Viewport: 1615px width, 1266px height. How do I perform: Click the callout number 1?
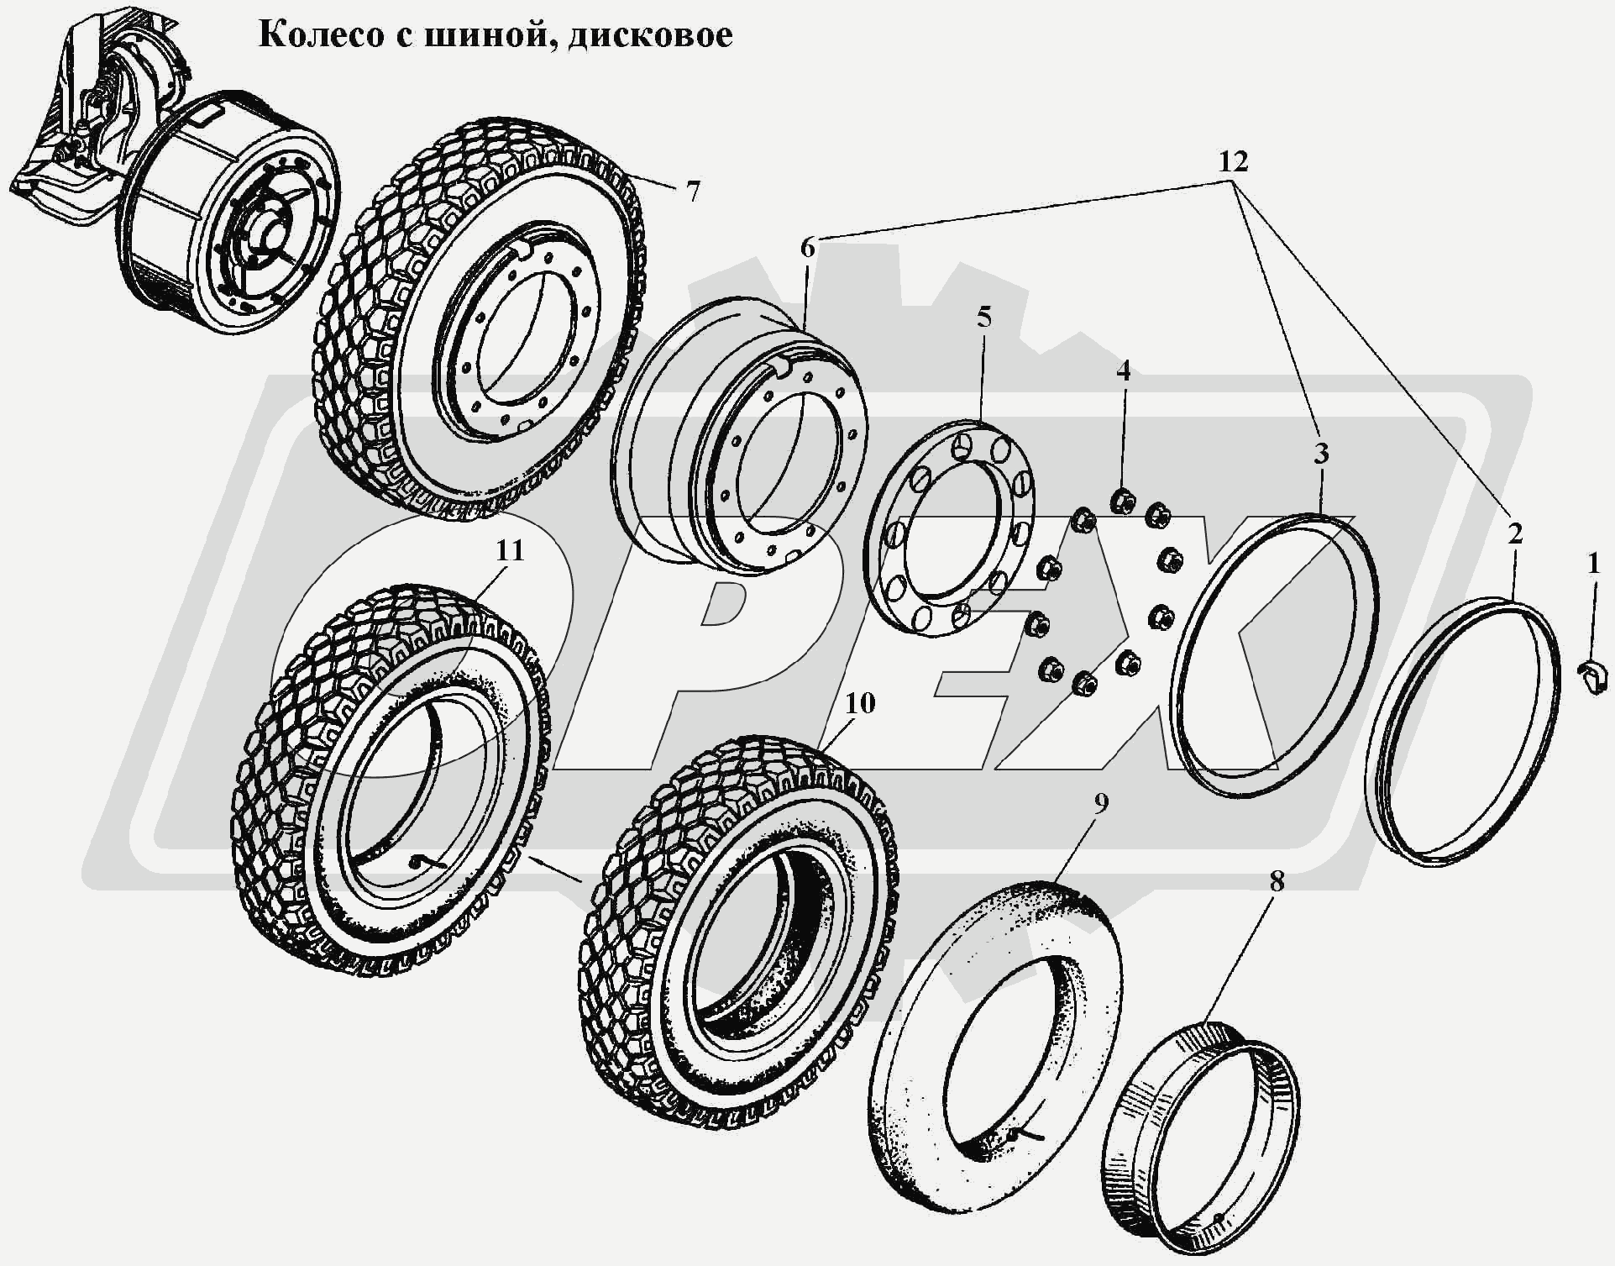[1593, 565]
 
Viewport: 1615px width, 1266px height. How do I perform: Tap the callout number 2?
[1514, 533]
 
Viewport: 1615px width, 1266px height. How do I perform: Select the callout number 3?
[1320, 454]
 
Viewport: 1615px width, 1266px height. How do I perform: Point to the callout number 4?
[1123, 370]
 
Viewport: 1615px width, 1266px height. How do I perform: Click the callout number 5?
[983, 318]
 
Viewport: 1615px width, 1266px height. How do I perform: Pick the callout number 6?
[807, 248]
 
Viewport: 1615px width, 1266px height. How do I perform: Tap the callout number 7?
[691, 192]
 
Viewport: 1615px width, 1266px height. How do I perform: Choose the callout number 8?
[1277, 881]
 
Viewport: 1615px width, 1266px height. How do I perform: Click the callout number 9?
[1101, 803]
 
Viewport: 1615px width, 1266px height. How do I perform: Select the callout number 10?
[860, 703]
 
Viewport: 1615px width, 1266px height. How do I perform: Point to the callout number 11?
[509, 550]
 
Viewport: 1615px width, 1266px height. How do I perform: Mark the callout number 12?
[1233, 160]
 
